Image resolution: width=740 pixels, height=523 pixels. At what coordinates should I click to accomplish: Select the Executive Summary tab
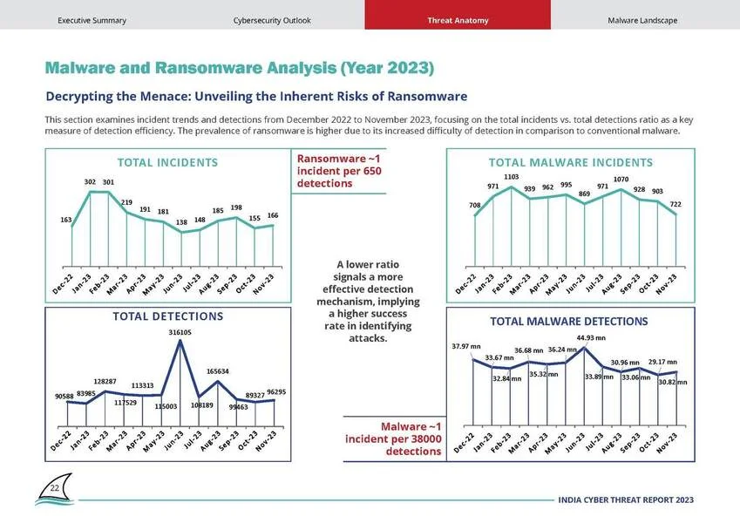click(x=92, y=21)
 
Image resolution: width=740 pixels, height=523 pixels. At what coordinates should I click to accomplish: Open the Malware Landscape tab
click(x=642, y=21)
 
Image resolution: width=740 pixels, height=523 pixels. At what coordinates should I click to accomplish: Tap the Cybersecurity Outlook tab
click(x=272, y=21)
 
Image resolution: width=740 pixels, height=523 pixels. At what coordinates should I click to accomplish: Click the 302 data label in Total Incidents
click(x=90, y=181)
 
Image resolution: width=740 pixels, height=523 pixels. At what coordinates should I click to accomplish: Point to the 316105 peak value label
click(x=180, y=332)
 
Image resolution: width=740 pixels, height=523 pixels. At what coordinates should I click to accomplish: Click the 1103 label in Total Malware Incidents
click(x=511, y=177)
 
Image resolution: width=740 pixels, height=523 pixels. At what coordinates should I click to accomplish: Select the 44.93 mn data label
click(x=591, y=338)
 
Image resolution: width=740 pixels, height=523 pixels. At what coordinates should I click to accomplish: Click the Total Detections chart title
click(x=168, y=316)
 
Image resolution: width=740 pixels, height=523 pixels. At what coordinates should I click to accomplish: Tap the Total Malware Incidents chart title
click(x=571, y=163)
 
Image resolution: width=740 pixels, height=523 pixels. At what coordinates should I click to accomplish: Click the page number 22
click(x=55, y=488)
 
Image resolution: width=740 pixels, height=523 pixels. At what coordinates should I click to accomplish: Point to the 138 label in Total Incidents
click(x=181, y=222)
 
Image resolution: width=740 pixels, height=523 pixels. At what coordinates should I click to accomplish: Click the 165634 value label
click(x=218, y=371)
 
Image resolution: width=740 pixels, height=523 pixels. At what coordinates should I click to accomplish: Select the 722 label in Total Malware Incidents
click(x=676, y=204)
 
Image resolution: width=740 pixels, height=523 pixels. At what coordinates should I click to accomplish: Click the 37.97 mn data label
click(x=466, y=346)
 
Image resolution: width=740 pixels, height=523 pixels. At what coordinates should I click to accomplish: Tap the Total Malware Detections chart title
click(x=568, y=322)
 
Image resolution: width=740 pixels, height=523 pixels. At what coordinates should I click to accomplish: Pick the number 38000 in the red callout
click(x=426, y=439)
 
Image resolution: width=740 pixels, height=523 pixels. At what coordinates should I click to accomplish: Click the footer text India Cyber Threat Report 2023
click(x=626, y=499)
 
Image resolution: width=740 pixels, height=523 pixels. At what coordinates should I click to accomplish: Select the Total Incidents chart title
click(x=167, y=163)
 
